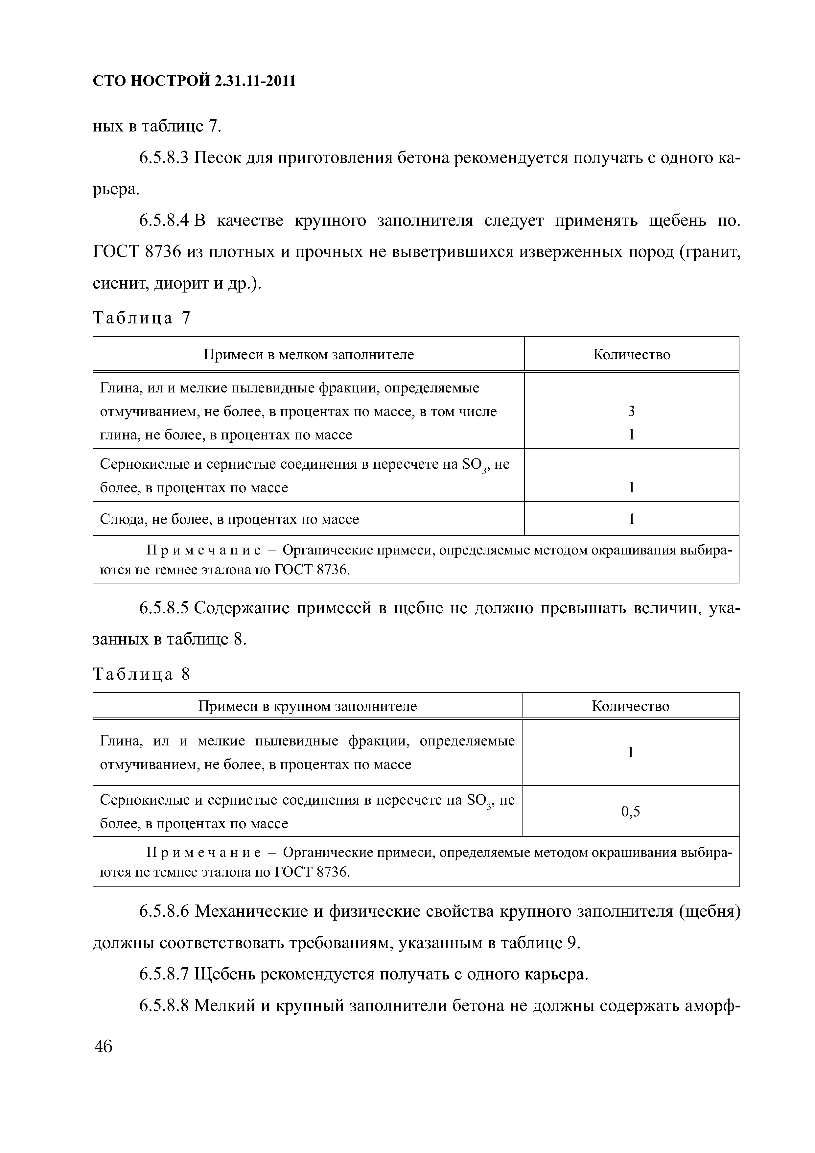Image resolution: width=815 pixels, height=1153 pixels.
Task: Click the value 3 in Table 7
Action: point(631,411)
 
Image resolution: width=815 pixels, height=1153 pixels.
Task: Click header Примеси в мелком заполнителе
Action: point(308,355)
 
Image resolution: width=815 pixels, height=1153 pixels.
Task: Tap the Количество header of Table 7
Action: point(631,355)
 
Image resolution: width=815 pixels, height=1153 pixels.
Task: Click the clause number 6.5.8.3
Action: point(163,158)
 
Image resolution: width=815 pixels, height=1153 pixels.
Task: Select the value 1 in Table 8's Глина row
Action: point(630,752)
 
